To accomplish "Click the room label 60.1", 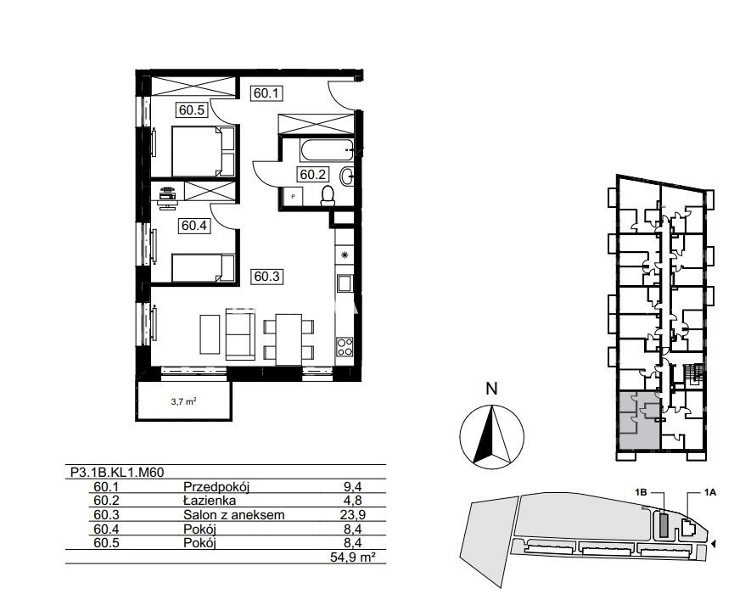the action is pyautogui.click(x=266, y=93).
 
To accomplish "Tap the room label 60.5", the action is pyautogui.click(x=192, y=110).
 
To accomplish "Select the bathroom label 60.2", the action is pyautogui.click(x=313, y=175).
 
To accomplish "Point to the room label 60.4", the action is pyautogui.click(x=194, y=225).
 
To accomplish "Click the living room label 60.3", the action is pyautogui.click(x=266, y=277).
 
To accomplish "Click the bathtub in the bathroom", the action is pyautogui.click(x=328, y=150).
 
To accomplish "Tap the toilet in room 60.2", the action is pyautogui.click(x=328, y=196).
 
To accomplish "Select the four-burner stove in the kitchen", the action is pyautogui.click(x=345, y=347).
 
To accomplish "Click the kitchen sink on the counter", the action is pyautogui.click(x=345, y=283).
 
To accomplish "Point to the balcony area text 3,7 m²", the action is pyautogui.click(x=184, y=402).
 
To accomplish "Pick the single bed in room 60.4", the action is pyautogui.click(x=204, y=268).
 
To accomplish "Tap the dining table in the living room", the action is pyautogui.click(x=289, y=339).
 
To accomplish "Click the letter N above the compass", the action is pyautogui.click(x=492, y=389).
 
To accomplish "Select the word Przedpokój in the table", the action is pyautogui.click(x=217, y=487).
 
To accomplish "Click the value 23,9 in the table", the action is pyautogui.click(x=355, y=515).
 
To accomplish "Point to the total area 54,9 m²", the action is pyautogui.click(x=352, y=557).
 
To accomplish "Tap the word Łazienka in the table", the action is pyautogui.click(x=210, y=501).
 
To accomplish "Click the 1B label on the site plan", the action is pyautogui.click(x=642, y=492).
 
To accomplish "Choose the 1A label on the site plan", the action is pyautogui.click(x=710, y=492).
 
